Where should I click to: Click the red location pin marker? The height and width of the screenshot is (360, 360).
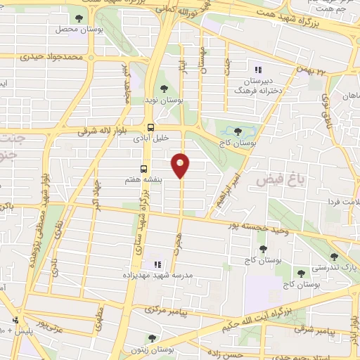(x=181, y=165)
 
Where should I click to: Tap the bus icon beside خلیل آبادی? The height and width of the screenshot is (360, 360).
(x=151, y=127)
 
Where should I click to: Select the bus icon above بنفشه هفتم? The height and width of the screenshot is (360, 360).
(x=144, y=169)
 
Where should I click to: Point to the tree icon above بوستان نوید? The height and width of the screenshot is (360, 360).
(x=164, y=89)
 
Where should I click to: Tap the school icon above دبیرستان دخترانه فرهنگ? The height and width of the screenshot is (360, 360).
(x=257, y=70)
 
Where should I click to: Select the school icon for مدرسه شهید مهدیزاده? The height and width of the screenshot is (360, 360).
(x=158, y=265)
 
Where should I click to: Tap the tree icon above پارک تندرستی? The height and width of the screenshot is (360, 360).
(x=334, y=257)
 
